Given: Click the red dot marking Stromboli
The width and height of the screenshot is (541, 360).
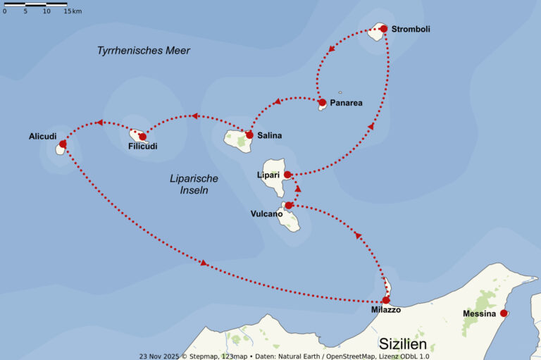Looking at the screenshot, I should point(383,29).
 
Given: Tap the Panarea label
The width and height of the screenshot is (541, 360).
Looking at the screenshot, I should point(346,103).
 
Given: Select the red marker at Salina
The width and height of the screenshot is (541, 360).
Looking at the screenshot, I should point(249,135).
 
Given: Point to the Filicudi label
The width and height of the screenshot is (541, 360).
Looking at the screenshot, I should point(143,147).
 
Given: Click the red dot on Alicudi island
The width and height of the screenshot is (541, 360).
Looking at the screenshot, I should point(63,144).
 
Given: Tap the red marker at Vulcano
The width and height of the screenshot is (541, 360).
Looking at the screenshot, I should point(289,205).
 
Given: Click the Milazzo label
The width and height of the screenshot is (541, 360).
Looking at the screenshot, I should point(385,310).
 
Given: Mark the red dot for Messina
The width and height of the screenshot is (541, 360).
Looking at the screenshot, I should point(503,313).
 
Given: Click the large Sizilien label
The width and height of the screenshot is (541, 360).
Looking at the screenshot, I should point(403,344).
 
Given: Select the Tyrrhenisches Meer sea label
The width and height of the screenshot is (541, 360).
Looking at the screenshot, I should point(144,51).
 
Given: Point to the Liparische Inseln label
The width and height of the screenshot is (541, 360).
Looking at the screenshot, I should point(194,184).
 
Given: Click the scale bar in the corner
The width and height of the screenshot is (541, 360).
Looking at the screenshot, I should point(36,5).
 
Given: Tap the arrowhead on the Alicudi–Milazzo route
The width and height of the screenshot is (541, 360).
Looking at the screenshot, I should point(204,263).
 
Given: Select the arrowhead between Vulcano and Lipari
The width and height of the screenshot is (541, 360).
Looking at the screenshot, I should point(297,189).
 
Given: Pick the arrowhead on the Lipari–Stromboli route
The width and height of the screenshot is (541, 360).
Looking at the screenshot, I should point(371,126).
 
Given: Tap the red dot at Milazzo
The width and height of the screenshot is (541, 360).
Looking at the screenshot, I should point(385,299).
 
